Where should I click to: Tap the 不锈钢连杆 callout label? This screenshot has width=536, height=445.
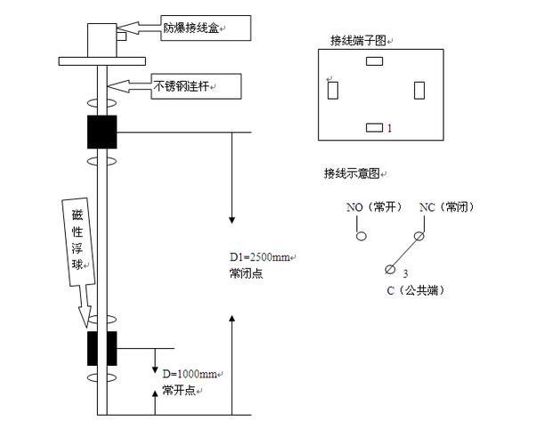[183, 85]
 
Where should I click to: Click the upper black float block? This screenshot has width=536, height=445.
[102, 133]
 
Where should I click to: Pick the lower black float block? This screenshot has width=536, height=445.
[102, 348]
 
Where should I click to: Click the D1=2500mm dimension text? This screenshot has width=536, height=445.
[260, 258]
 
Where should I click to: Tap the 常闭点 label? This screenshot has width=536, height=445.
[246, 273]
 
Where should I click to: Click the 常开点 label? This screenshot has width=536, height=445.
[180, 392]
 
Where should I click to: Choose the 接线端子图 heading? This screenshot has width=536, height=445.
[359, 40]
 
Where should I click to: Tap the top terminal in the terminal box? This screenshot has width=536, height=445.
[374, 61]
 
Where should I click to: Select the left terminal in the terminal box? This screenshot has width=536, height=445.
[332, 91]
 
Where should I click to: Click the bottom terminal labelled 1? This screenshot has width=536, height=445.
[375, 129]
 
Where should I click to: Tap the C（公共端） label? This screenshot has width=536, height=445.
[416, 291]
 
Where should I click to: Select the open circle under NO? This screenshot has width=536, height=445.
[361, 237]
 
